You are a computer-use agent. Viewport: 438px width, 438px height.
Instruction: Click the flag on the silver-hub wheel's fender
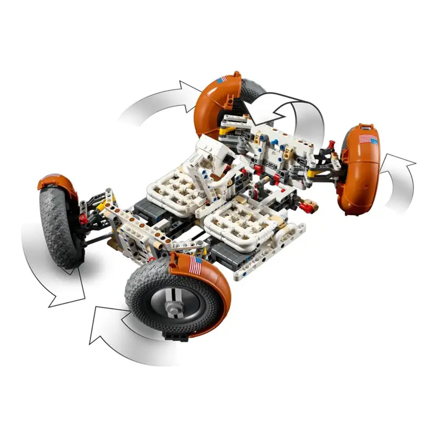(195, 267)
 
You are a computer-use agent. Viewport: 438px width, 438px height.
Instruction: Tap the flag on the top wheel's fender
(221, 80)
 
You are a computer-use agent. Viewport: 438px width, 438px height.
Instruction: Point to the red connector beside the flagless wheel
(83, 219)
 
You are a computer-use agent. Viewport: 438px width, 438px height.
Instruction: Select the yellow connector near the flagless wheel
(101, 205)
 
